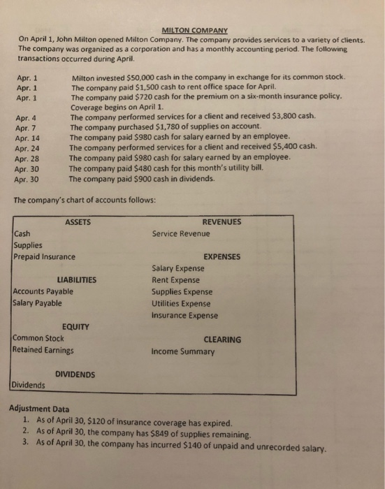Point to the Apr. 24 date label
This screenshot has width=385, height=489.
coord(27,148)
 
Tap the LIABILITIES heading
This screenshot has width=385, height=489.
coord(77,280)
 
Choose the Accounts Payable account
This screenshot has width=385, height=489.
coord(43,291)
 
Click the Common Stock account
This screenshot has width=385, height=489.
coord(38,338)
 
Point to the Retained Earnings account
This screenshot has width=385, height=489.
coord(43,350)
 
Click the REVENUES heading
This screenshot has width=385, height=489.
coord(221,222)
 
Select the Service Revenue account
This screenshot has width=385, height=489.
coord(180,233)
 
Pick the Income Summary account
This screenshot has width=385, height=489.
coord(182,351)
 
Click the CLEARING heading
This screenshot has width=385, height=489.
coord(222,340)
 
